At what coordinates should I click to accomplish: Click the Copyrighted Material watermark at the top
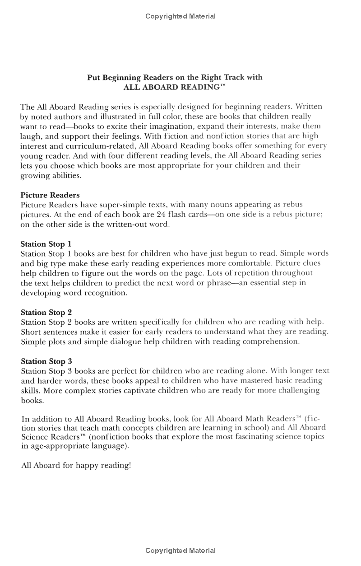[x=180, y=16]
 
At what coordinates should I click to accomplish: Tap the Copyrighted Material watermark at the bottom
[x=180, y=551]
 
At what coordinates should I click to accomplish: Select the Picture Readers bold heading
[x=50, y=195]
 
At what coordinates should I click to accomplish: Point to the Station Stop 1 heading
[x=46, y=244]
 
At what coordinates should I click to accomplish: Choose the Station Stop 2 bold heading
[x=46, y=312]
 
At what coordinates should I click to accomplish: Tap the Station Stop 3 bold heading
[x=46, y=361]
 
